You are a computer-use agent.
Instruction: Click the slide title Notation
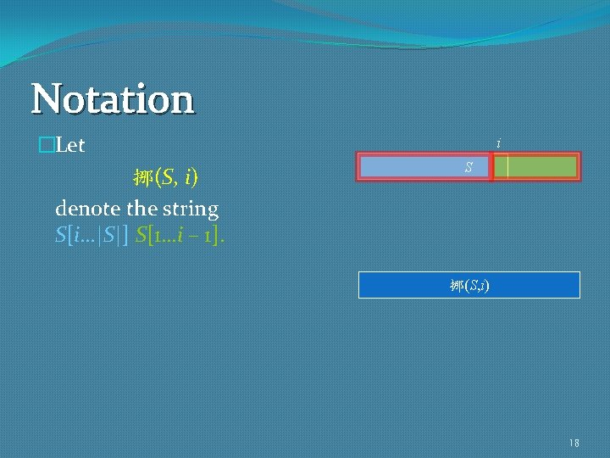(x=113, y=98)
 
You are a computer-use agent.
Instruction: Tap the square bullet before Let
(x=45, y=146)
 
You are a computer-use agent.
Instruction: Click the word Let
(x=69, y=146)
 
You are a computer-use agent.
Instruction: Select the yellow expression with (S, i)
(x=165, y=177)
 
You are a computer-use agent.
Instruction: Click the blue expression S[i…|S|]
(x=91, y=233)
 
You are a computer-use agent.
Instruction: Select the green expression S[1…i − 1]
(x=180, y=233)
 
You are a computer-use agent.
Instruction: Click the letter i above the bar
(x=498, y=144)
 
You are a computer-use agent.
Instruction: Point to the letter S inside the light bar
(x=468, y=168)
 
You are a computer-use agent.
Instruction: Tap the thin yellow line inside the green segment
(x=507, y=167)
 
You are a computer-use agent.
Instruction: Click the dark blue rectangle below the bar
(x=398, y=285)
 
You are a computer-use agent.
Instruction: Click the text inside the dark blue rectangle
(x=469, y=286)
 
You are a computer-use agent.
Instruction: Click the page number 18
(x=574, y=443)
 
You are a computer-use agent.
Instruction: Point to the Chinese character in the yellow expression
(x=141, y=178)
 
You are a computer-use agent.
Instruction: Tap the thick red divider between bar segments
(x=491, y=167)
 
